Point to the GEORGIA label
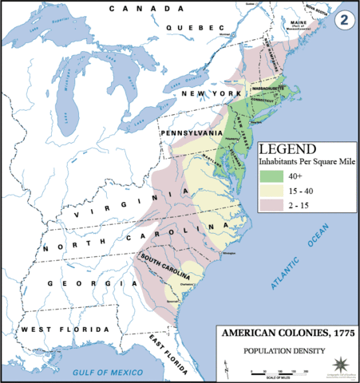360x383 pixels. pyautogui.click(x=88, y=283)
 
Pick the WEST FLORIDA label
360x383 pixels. pyautogui.click(x=64, y=330)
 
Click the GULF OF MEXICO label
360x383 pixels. pyautogui.click(x=109, y=373)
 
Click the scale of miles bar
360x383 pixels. pyautogui.click(x=280, y=371)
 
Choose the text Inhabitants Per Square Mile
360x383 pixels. pyautogui.click(x=307, y=162)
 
